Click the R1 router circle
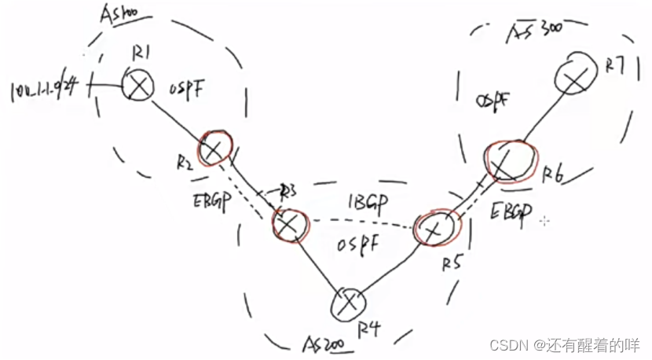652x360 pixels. coord(139,86)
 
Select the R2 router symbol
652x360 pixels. coord(214,148)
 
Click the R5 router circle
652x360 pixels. coord(433,228)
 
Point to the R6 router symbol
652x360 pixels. coord(507,161)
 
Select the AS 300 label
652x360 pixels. coord(530,31)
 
